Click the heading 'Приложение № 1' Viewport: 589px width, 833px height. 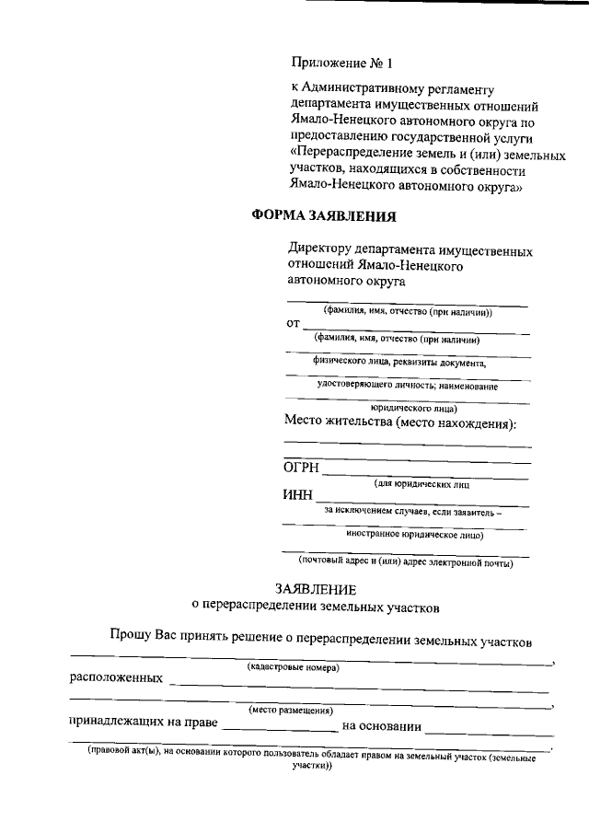pos(341,64)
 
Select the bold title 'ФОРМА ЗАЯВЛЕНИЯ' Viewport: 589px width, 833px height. pos(324,217)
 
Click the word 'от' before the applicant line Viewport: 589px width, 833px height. pos(293,324)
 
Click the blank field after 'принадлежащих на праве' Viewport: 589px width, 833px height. pos(279,727)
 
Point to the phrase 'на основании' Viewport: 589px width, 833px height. pos(381,725)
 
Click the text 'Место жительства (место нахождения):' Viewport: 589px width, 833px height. pos(400,423)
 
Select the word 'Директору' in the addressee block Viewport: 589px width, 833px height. pos(319,249)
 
